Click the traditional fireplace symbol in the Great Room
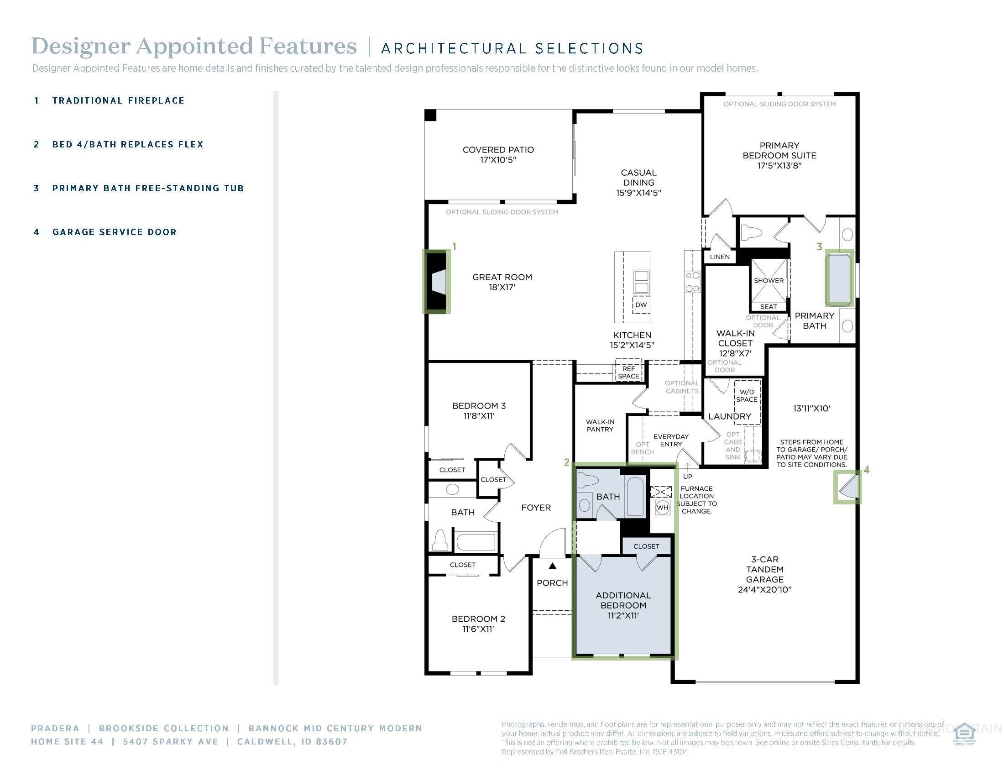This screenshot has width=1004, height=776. [x=436, y=282]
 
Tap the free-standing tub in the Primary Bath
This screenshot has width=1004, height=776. [x=839, y=278]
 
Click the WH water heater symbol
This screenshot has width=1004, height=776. [x=662, y=508]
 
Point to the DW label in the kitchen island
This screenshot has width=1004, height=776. [x=641, y=305]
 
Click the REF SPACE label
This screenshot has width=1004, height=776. [x=628, y=372]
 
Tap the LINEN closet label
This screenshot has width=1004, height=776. [x=719, y=257]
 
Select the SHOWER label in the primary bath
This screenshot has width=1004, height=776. [x=769, y=280]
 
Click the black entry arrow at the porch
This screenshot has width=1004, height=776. [x=553, y=566]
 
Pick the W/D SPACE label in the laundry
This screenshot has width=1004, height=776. [x=747, y=396]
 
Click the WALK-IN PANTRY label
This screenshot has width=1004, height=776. [x=600, y=425]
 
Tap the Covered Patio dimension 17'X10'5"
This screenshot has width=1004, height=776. [x=498, y=160]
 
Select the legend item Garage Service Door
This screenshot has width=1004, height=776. [x=114, y=232]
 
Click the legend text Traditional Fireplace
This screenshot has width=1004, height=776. [x=118, y=101]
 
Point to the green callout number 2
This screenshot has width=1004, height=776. [x=566, y=462]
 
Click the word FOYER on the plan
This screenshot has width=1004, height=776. [x=536, y=508]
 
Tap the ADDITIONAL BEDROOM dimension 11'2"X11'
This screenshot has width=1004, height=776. [x=623, y=616]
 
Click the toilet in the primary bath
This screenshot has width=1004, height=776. [x=751, y=233]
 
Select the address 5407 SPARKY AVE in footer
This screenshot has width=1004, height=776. [x=170, y=741]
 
